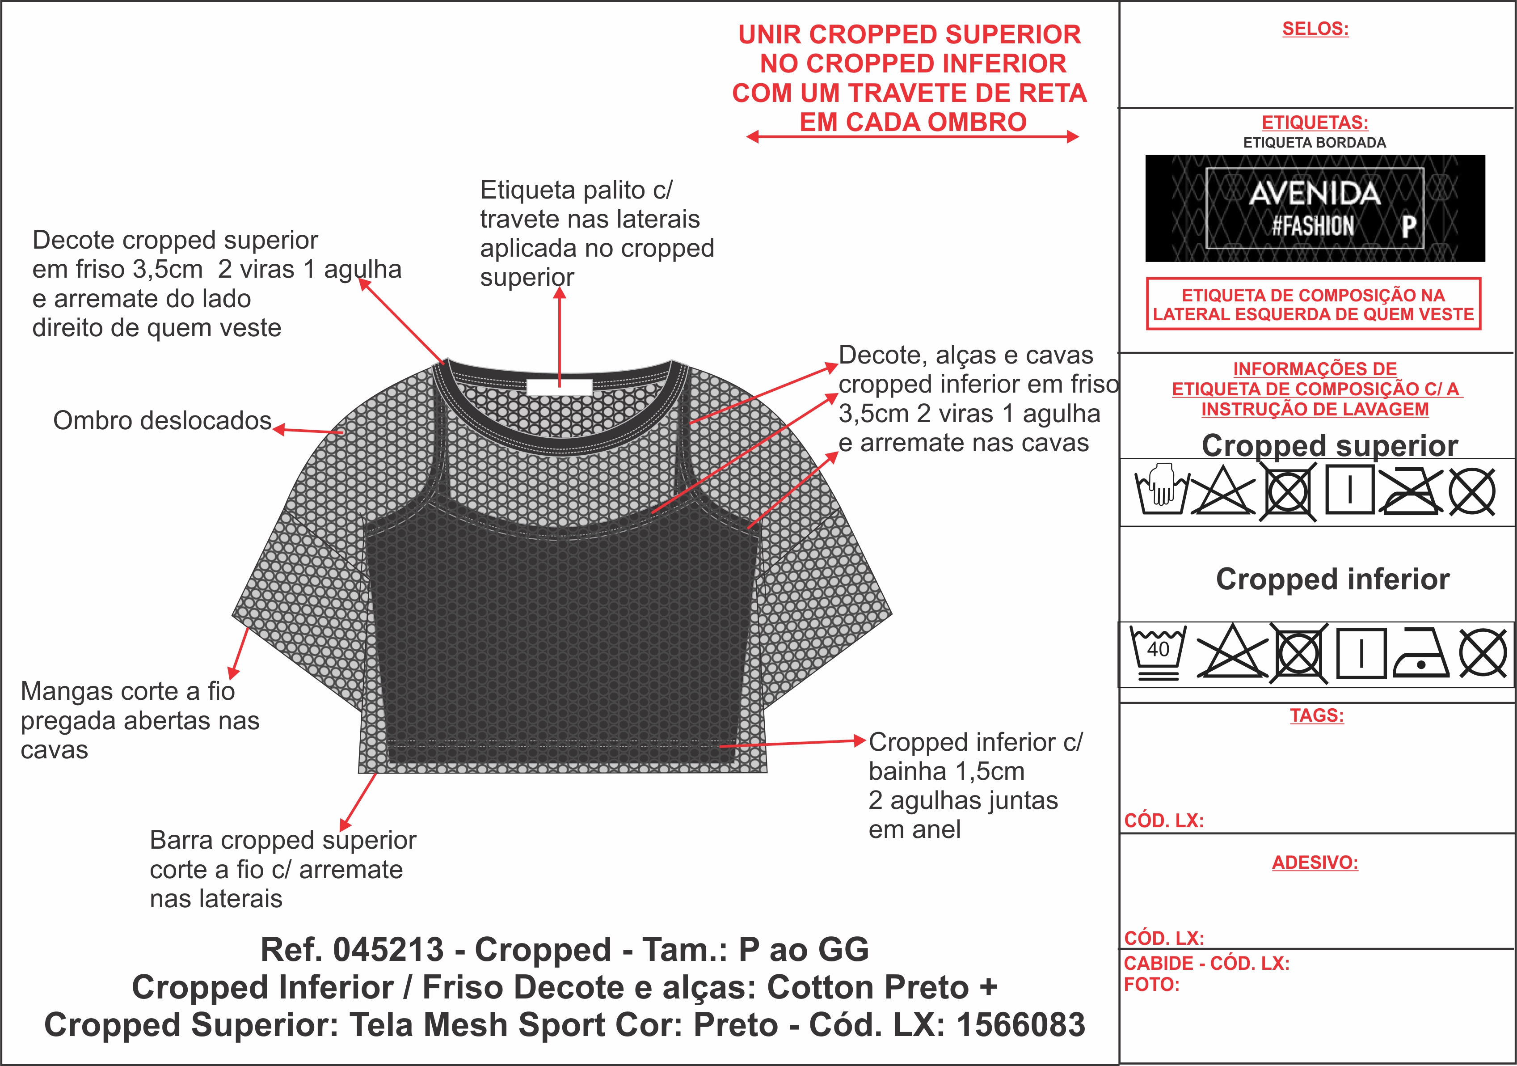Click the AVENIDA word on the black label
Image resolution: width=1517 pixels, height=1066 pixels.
pos(1315,194)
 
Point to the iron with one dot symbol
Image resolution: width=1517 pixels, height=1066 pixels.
pos(1420,652)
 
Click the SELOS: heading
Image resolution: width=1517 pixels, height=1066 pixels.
pos(1315,29)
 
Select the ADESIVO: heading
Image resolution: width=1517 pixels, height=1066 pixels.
pos(1315,863)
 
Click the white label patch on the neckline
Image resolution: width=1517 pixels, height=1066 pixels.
pos(559,387)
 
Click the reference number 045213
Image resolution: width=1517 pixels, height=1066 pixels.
pos(388,950)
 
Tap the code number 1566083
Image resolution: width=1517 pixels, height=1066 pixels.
pos(1021,1025)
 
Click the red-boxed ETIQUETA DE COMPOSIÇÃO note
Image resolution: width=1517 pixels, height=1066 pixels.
pos(1314,304)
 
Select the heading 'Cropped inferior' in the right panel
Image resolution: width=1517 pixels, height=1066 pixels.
pos(1333,579)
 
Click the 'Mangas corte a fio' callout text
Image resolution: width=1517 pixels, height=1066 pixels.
pos(127,691)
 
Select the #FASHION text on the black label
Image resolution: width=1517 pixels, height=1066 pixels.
pos(1313,226)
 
